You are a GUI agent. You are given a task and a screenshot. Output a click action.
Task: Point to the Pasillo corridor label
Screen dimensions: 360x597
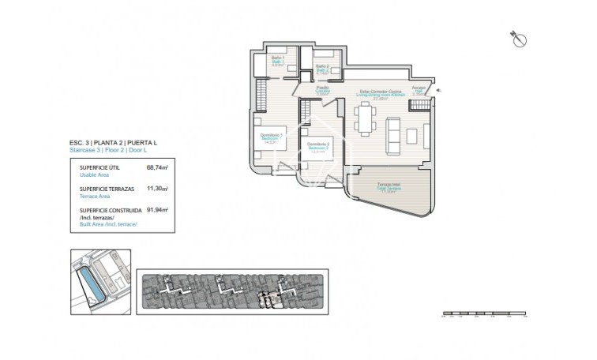click(x=322, y=90)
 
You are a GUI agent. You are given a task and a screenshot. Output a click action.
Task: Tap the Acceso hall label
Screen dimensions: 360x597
click(x=419, y=90)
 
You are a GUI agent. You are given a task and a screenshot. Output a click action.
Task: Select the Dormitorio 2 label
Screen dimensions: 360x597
click(x=317, y=146)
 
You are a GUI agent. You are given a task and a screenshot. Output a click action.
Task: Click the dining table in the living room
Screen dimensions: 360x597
click(x=365, y=118)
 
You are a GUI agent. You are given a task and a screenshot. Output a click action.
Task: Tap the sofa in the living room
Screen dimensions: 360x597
click(x=392, y=135)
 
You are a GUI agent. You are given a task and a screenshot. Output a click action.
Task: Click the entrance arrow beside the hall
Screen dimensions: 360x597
click(x=440, y=91)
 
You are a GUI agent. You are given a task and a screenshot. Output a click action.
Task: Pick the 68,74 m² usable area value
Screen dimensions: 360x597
click(x=157, y=167)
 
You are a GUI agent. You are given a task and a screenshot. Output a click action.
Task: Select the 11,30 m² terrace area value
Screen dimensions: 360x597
click(x=157, y=189)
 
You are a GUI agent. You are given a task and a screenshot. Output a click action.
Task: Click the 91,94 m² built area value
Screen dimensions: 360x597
click(x=157, y=211)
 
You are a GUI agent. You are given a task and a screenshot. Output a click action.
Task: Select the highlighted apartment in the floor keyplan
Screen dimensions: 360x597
click(x=270, y=299)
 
